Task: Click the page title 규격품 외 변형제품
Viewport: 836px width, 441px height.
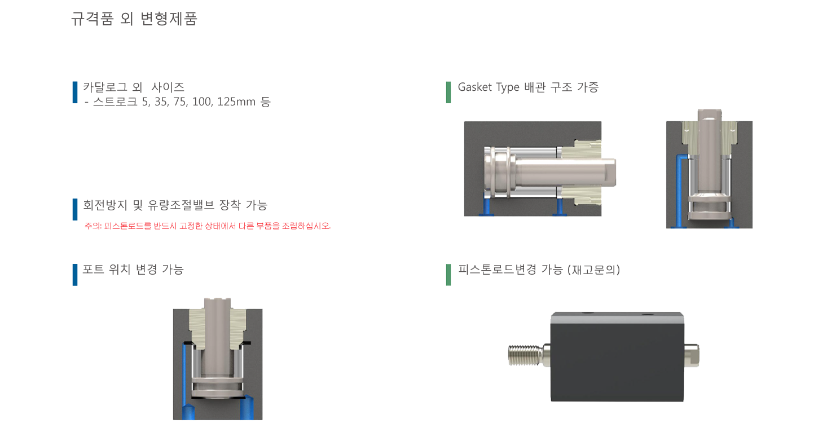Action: coord(134,18)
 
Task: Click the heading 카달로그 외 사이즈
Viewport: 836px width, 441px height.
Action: coord(134,87)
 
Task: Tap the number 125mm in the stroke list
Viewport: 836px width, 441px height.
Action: coord(236,102)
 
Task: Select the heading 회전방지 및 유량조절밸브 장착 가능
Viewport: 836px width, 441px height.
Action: coord(175,205)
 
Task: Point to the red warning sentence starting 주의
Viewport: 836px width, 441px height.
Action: coord(208,226)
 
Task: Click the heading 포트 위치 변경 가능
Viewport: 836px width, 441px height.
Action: coord(133,270)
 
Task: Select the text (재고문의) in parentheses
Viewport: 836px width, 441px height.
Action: coord(593,270)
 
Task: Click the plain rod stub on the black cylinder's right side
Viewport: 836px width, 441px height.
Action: coord(692,355)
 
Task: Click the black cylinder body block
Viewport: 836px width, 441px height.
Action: coord(617,356)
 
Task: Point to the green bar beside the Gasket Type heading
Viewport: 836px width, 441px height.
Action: coord(448,92)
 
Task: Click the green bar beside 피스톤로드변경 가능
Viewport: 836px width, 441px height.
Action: coord(448,275)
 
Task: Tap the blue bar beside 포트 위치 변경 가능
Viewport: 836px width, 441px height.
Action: coord(75,275)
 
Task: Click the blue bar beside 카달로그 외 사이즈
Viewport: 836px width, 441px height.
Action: coord(75,92)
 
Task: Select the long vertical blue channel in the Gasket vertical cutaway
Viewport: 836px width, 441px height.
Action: coord(679,191)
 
